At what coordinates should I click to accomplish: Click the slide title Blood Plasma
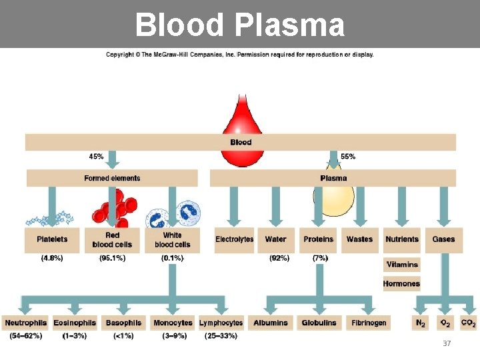(240, 25)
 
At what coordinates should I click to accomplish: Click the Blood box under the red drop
(241, 142)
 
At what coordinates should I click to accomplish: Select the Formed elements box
(112, 178)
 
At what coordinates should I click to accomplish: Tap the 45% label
(96, 157)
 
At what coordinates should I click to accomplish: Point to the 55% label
(348, 157)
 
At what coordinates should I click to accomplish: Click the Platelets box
(52, 239)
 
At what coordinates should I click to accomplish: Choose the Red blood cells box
(112, 239)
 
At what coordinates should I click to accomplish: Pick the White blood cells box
(172, 239)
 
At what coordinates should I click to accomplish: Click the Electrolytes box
(234, 239)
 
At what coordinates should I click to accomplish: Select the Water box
(275, 239)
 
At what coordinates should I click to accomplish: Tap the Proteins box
(318, 239)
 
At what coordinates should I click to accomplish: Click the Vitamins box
(402, 265)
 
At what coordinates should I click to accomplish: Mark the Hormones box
(401, 283)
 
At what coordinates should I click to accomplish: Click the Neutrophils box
(26, 323)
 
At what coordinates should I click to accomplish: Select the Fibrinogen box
(369, 323)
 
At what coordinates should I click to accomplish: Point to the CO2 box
(468, 323)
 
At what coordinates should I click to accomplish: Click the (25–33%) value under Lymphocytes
(221, 336)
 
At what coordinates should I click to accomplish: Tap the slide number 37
(447, 343)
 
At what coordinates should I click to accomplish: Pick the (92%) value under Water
(279, 258)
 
